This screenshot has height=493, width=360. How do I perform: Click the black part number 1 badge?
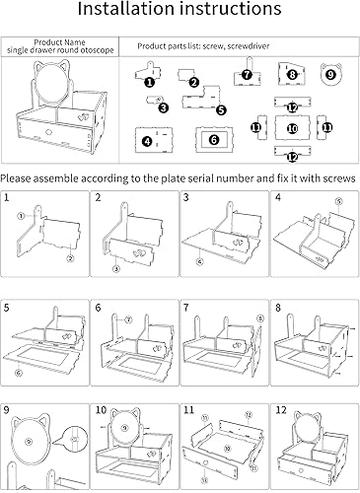coord(150,82)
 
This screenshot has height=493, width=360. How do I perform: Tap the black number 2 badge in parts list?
coord(194,82)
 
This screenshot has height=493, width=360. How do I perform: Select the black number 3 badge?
coord(164,107)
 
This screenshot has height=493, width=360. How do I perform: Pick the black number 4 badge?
coord(148,141)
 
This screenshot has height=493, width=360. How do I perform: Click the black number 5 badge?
coord(222,109)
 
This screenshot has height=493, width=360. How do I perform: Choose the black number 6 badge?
coord(214,140)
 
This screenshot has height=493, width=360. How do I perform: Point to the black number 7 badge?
coord(247,75)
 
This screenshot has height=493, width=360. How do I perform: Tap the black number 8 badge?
coord(292,75)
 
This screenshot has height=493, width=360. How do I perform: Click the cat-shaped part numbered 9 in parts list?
coord(330,74)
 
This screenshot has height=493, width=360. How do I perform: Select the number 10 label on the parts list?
coord(292,128)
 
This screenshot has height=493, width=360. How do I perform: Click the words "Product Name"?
coord(60,42)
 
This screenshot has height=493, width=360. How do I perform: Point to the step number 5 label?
coord(7,308)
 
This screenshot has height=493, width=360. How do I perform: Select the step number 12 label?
coord(281,410)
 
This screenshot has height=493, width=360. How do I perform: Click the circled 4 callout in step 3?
coord(200,261)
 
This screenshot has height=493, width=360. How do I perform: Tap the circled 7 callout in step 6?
coord(128,319)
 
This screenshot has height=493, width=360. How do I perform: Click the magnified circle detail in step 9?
coord(75,439)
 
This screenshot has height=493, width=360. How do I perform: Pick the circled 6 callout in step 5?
coord(19,373)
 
